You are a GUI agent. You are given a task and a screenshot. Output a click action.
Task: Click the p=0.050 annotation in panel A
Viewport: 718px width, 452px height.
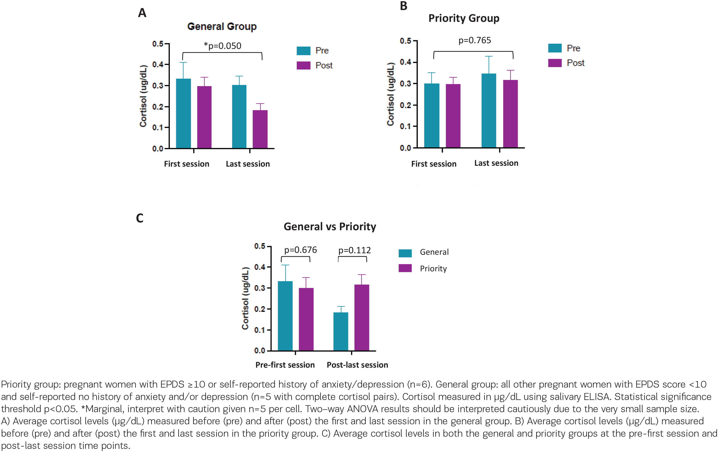pos(222,46)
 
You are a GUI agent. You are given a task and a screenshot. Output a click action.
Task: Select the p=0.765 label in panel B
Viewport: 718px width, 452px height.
pos(475,40)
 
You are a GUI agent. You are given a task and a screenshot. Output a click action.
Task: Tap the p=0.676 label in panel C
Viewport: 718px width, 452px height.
pos(300,250)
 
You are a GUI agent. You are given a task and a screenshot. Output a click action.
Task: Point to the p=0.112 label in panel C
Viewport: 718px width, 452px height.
pos(355,250)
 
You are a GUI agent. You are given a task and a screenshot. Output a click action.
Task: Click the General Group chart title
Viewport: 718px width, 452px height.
pos(222,27)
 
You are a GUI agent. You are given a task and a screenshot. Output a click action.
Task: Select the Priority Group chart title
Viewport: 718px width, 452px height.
pos(464,18)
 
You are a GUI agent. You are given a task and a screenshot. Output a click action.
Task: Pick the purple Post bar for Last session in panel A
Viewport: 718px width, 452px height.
pos(260,129)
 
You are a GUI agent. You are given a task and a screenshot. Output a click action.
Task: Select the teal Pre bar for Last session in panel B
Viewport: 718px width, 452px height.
pos(489,110)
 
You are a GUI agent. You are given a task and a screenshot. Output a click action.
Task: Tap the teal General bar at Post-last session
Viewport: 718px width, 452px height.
pos(341,332)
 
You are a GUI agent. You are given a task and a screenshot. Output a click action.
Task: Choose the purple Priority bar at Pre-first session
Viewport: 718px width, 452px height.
pos(306,319)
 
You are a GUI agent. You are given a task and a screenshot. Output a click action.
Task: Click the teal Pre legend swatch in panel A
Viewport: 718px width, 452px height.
pos(304,51)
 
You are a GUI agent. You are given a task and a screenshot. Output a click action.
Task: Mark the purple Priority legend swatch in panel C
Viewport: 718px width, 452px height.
pos(405,268)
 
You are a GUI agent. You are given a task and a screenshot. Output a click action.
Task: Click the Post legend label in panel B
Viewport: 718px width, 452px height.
pos(575,63)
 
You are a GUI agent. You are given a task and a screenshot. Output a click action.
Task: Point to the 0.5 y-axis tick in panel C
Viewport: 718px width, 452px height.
pos(260,246)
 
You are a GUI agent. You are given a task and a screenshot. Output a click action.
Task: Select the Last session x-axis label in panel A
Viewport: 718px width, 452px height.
pos(248,164)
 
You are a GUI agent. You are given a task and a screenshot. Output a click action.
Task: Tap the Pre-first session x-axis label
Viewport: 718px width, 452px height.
pos(285,365)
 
